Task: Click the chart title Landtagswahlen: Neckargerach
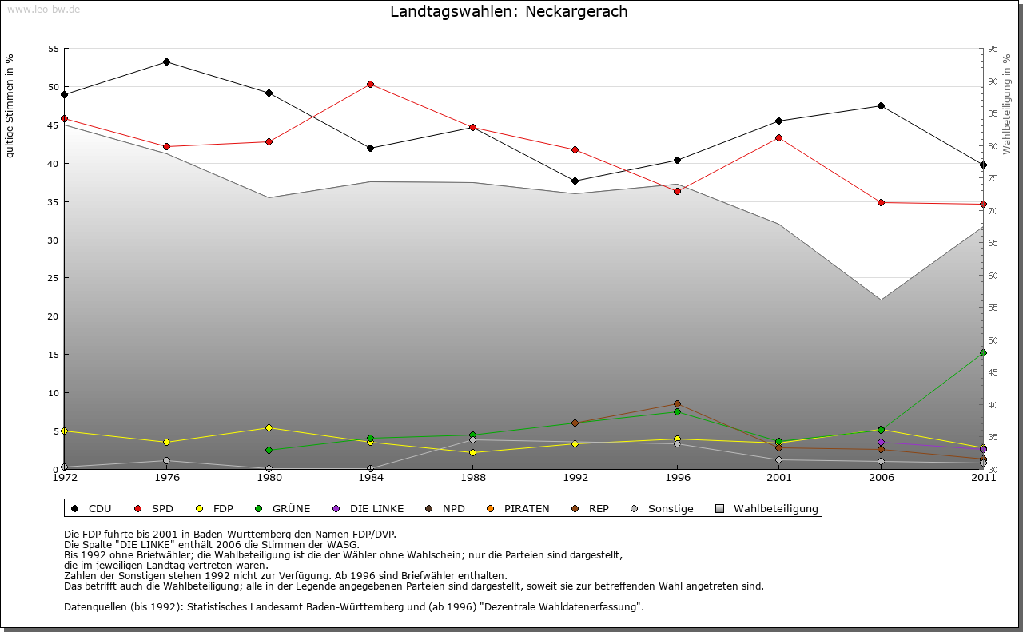click(x=508, y=12)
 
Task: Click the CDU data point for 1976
click(x=166, y=62)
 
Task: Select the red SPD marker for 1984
click(x=371, y=84)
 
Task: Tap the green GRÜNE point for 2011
click(x=983, y=352)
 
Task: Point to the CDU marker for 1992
click(x=575, y=181)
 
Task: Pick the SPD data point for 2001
click(x=778, y=137)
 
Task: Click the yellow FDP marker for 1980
click(x=269, y=427)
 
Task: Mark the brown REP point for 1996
click(x=677, y=404)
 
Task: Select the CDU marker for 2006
click(x=881, y=105)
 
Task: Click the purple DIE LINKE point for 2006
click(x=881, y=442)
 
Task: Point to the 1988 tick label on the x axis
click(x=473, y=478)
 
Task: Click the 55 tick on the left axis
click(x=54, y=49)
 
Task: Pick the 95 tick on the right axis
click(x=993, y=49)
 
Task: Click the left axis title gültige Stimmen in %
click(x=10, y=105)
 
